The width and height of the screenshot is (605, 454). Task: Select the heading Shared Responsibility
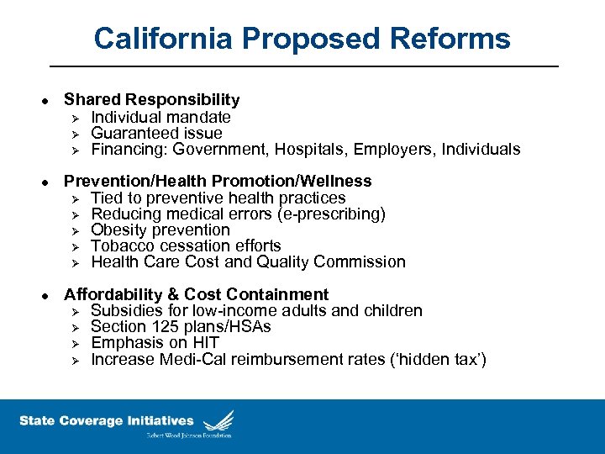tap(152, 100)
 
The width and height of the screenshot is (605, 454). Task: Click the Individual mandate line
tap(160, 117)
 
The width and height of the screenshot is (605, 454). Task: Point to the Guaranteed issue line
tap(156, 133)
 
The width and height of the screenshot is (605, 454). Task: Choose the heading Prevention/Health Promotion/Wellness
tap(218, 181)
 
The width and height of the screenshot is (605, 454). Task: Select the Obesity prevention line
tap(160, 230)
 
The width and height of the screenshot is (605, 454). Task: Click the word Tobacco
tap(121, 245)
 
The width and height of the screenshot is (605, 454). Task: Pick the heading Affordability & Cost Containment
tap(197, 294)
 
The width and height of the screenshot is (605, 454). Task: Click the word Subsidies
tap(125, 310)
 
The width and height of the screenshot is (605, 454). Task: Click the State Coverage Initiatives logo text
tap(106, 421)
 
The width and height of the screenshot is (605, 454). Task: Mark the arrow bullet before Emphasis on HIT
tap(74, 343)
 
